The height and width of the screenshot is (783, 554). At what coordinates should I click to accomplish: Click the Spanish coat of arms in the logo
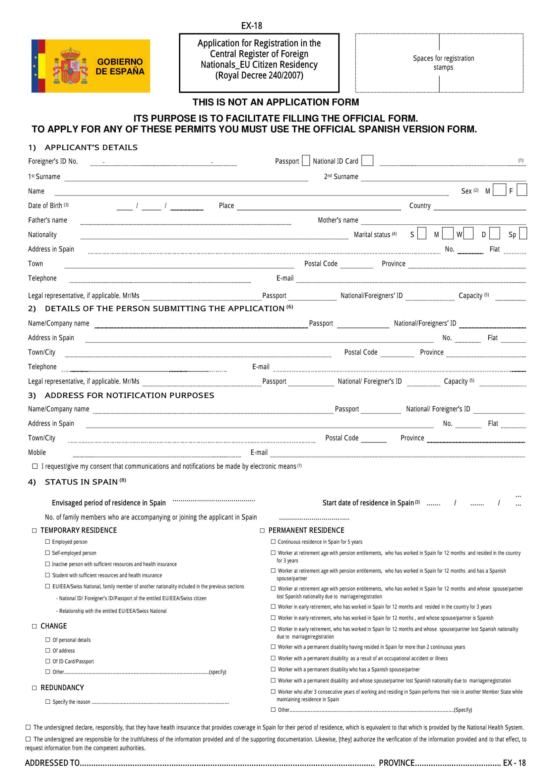[70, 66]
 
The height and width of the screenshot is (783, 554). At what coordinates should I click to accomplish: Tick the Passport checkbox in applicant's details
[306, 160]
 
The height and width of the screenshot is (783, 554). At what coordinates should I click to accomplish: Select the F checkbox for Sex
[521, 189]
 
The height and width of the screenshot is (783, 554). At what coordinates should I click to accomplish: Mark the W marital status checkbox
[468, 234]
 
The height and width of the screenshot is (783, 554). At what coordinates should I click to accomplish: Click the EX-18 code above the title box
[252, 26]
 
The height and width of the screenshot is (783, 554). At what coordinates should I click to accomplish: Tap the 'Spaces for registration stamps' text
[443, 63]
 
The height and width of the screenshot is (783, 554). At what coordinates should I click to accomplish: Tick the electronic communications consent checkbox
[35, 466]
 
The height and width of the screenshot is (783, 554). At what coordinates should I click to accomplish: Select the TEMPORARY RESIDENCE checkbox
[35, 530]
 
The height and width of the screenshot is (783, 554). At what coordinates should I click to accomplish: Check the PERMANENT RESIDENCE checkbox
[262, 530]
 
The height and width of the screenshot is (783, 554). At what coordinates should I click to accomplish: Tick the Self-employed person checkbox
[48, 552]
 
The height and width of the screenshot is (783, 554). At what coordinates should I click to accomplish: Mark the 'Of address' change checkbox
[48, 650]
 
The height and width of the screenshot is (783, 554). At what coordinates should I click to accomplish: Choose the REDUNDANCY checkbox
[35, 688]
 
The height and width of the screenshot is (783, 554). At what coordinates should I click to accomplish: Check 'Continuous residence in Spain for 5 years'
[273, 542]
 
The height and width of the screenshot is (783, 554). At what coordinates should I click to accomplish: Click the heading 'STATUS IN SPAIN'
[81, 482]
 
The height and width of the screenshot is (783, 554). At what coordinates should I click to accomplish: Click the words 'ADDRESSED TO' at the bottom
[52, 763]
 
